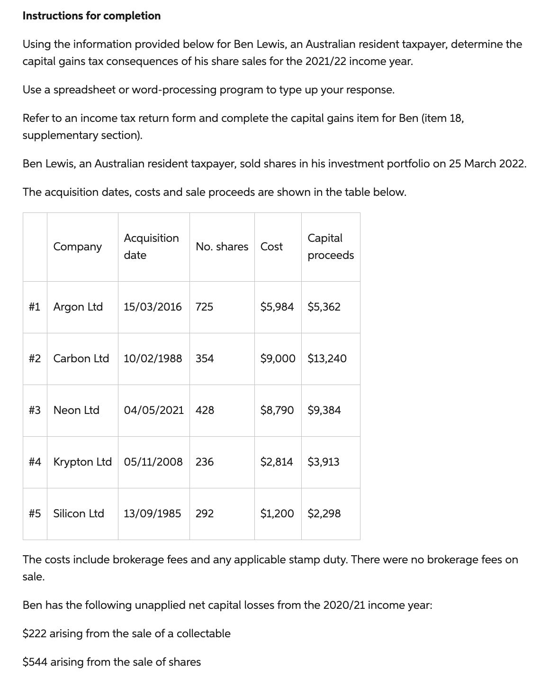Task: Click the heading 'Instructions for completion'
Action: coord(91,16)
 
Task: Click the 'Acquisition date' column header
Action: coord(151,247)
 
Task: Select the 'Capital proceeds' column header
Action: coord(330,247)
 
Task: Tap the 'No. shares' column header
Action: coord(222,247)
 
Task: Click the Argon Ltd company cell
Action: coord(78,307)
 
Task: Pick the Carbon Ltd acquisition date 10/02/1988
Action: coord(153,358)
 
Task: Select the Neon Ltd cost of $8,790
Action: coord(277,410)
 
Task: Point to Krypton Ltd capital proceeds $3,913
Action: coord(324,462)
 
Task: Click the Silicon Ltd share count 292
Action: coord(205,514)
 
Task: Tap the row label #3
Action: coord(35,410)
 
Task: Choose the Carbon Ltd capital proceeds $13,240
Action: coord(327,358)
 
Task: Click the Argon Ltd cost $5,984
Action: coord(277,307)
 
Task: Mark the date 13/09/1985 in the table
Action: coord(152,514)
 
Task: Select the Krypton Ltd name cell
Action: coord(82,462)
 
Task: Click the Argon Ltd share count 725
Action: coord(204,307)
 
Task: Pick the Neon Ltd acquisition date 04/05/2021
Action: coord(153,410)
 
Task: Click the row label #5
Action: coord(35,514)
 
